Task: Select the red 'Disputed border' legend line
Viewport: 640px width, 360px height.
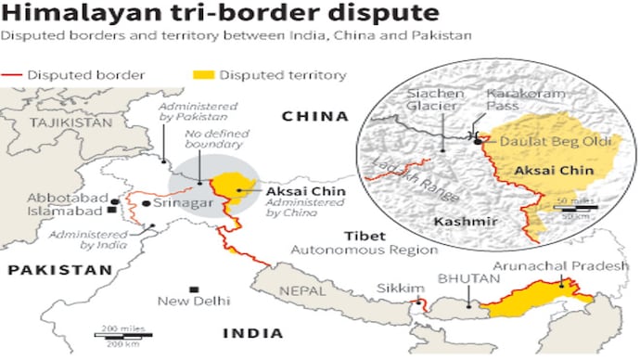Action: (14, 74)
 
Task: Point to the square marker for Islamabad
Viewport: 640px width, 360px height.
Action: (112, 211)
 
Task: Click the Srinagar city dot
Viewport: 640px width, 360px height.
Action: (147, 201)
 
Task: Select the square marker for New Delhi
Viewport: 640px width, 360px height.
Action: (193, 289)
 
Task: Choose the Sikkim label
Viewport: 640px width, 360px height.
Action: (394, 288)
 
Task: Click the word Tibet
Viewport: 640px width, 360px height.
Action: (360, 236)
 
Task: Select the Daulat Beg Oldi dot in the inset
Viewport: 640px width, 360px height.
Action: (479, 142)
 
